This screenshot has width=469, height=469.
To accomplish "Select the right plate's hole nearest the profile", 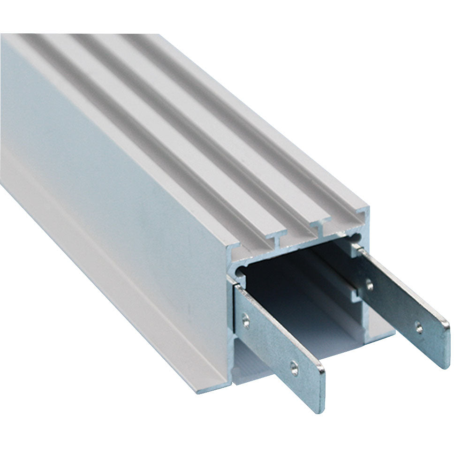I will (370, 284).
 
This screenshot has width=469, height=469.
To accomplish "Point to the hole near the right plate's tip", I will (419, 328).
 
